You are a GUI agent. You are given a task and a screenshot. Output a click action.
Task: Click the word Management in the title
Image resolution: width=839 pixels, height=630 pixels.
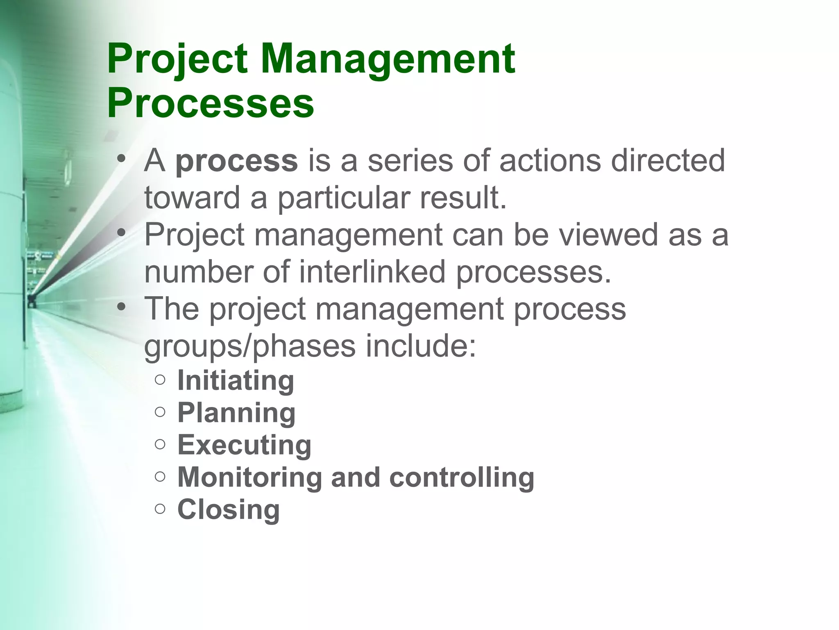[388, 59]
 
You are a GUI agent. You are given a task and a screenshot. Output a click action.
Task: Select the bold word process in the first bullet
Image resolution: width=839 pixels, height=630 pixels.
[236, 161]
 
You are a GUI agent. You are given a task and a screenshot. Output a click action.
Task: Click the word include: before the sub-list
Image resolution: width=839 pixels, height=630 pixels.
[421, 346]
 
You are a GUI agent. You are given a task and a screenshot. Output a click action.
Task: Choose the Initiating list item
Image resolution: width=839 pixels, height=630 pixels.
[236, 381]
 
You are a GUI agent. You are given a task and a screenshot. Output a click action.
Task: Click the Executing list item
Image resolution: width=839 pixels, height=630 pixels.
[244, 445]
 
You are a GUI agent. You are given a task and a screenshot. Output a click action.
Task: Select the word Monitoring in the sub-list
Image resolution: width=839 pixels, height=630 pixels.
[249, 477]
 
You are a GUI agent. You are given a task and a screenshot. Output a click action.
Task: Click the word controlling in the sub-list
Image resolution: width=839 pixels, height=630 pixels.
[462, 477]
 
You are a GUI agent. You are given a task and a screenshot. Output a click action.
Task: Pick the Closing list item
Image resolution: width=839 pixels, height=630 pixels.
[229, 509]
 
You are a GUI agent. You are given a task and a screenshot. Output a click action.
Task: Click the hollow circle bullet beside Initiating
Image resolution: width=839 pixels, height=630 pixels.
[160, 380]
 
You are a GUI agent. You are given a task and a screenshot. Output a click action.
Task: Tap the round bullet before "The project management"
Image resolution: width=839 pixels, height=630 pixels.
[120, 307]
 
